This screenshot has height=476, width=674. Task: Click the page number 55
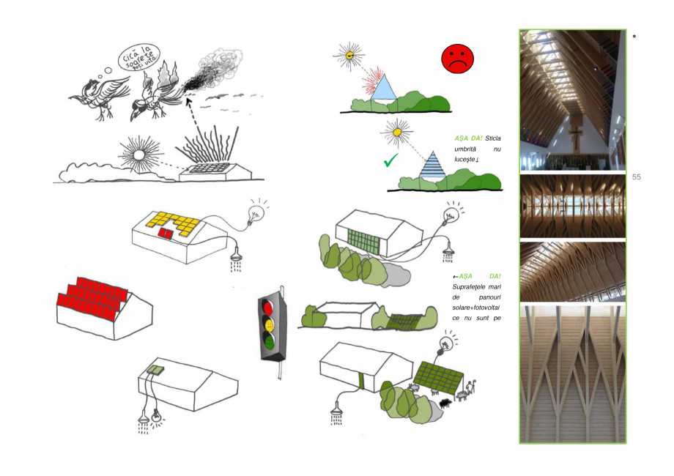[x=636, y=177]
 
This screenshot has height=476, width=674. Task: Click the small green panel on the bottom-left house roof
[x=155, y=370]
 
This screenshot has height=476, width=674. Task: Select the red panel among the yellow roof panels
[x=167, y=233]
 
